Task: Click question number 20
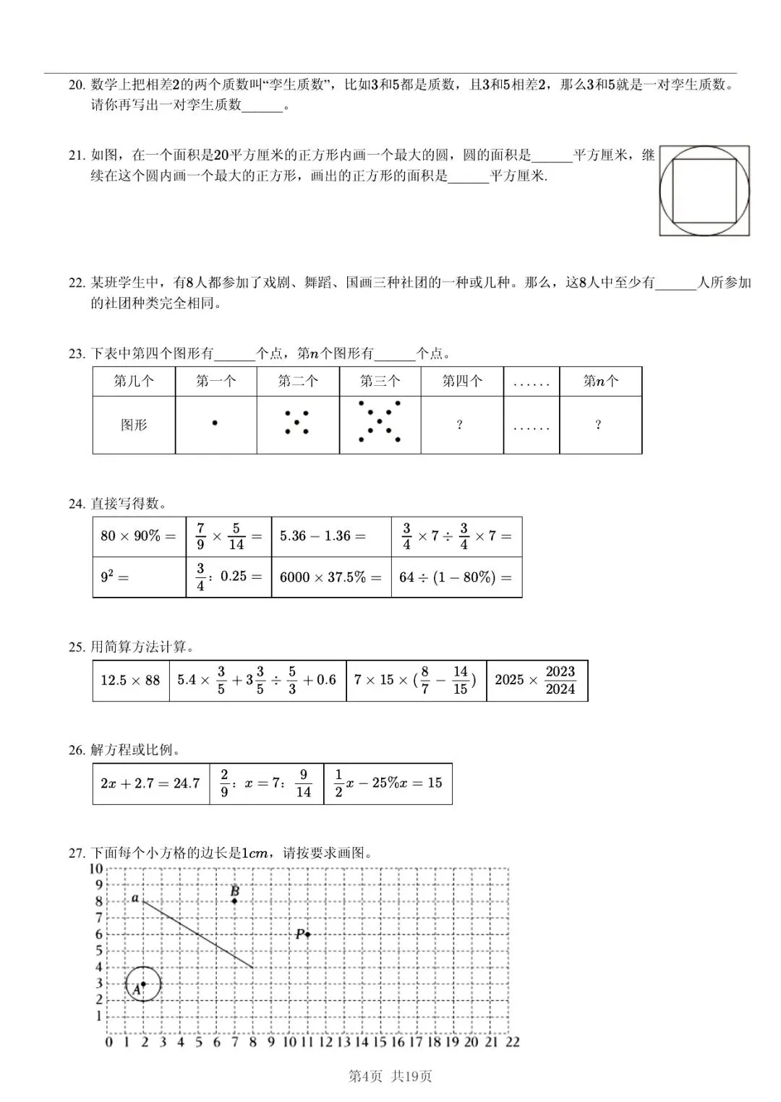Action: pyautogui.click(x=77, y=85)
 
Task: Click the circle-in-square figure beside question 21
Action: pyautogui.click(x=704, y=191)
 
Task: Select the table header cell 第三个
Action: pyautogui.click(x=380, y=381)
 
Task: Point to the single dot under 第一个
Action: pyautogui.click(x=215, y=423)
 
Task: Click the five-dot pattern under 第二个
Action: pyautogui.click(x=297, y=423)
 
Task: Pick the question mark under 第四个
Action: pyautogui.click(x=460, y=425)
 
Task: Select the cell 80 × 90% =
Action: pyautogui.click(x=138, y=536)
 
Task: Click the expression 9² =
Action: pyautogui.click(x=115, y=577)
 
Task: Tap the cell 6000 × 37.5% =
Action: pyautogui.click(x=330, y=577)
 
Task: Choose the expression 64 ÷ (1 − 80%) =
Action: pyautogui.click(x=456, y=577)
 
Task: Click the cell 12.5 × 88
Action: pyautogui.click(x=130, y=680)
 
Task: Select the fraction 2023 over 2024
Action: pyautogui.click(x=560, y=680)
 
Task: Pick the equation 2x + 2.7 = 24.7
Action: pyautogui.click(x=150, y=783)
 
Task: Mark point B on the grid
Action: pyautogui.click(x=234, y=900)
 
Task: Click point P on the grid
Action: pyautogui.click(x=307, y=934)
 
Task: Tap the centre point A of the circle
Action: pyautogui.click(x=143, y=983)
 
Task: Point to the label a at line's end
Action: pyautogui.click(x=135, y=898)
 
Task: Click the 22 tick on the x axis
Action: pyautogui.click(x=513, y=1042)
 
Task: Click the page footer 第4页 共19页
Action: pyautogui.click(x=390, y=1076)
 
